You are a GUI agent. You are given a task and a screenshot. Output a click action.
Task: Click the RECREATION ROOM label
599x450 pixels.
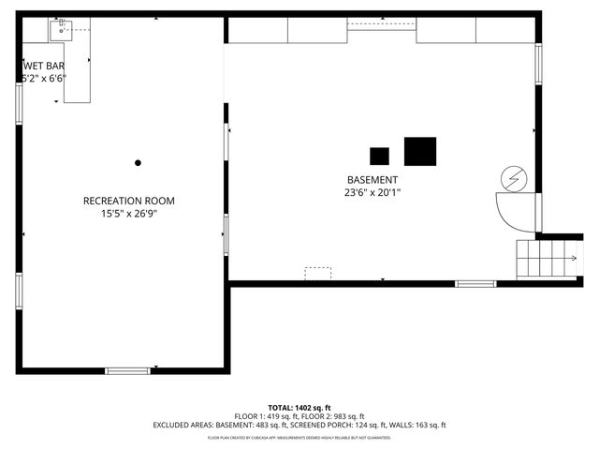pyautogui.click(x=128, y=201)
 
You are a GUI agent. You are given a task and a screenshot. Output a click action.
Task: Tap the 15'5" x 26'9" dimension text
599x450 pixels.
pyautogui.click(x=128, y=214)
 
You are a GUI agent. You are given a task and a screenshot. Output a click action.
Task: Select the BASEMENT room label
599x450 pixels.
pyautogui.click(x=373, y=180)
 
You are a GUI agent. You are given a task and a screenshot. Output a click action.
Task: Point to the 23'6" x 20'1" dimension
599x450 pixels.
pyautogui.click(x=373, y=193)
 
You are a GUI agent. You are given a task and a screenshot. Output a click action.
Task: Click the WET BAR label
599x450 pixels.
pyautogui.click(x=43, y=66)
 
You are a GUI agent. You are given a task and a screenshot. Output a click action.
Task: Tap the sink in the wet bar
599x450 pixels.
pyautogui.click(x=63, y=30)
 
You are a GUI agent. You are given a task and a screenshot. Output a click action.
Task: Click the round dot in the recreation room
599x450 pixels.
pyautogui.click(x=138, y=163)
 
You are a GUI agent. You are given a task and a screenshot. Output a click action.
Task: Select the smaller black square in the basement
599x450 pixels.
pyautogui.click(x=379, y=156)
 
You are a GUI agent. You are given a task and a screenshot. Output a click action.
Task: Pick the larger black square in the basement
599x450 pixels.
pyautogui.click(x=420, y=151)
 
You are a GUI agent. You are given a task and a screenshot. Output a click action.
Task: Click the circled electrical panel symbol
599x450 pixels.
pyautogui.click(x=514, y=177)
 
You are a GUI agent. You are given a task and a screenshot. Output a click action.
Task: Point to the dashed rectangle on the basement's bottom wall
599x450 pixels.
pyautogui.click(x=318, y=273)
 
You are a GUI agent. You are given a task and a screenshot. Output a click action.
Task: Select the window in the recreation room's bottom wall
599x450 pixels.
pyautogui.click(x=127, y=371)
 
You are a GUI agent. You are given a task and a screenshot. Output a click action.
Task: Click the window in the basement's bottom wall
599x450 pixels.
pyautogui.click(x=475, y=283)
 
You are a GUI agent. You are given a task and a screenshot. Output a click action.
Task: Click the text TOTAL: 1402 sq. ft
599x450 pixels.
pyautogui.click(x=299, y=407)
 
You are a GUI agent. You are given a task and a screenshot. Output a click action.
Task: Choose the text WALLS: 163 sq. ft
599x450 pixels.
pyautogui.click(x=422, y=425)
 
